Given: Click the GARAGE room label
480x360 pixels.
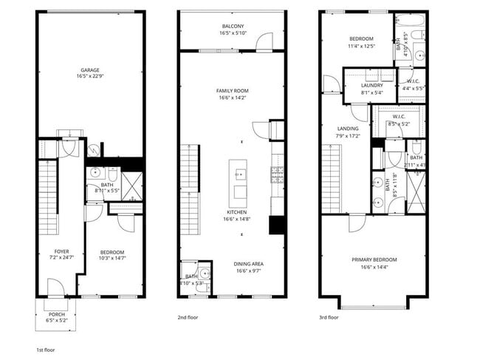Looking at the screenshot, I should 91,70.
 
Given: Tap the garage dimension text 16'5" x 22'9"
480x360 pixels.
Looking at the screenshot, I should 91,76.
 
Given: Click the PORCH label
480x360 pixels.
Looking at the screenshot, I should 55,314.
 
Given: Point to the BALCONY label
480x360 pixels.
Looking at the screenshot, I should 232,27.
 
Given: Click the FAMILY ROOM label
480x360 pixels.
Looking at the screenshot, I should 232,91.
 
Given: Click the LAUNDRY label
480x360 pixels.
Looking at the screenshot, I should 371,85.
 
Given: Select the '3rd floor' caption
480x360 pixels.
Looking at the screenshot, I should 329,317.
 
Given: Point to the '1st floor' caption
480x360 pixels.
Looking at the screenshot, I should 45,349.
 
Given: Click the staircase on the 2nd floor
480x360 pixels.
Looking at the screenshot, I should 190,189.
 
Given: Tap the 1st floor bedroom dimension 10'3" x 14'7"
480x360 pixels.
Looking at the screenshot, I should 112,257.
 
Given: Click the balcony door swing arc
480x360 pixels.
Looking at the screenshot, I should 262,42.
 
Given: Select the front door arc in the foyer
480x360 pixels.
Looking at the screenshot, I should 55,288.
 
